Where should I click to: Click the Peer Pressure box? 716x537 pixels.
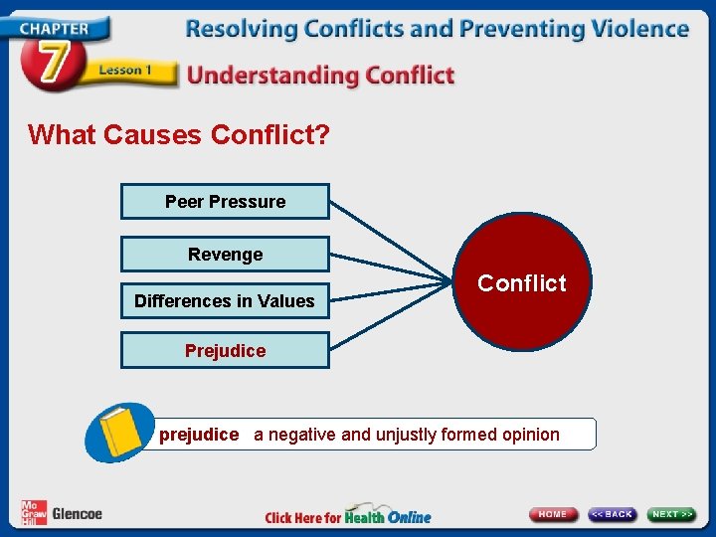point(225,202)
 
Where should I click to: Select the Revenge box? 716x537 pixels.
point(225,255)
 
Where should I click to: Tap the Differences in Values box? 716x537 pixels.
point(225,300)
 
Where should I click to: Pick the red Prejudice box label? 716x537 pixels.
point(225,350)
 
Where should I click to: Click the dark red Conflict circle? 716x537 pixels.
point(521,283)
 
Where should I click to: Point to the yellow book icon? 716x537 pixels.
point(121,432)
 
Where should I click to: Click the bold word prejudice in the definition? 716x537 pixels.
point(199,435)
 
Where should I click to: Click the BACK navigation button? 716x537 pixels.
point(612,514)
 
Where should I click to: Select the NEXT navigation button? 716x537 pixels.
point(672,514)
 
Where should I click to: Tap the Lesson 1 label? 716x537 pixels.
point(125,71)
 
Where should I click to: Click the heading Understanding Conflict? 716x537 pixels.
point(320,75)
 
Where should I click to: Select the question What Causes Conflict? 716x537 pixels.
point(179,134)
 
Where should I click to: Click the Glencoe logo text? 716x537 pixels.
point(77,514)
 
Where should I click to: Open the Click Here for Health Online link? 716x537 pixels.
point(348,516)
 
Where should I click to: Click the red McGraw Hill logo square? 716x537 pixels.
point(33,513)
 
